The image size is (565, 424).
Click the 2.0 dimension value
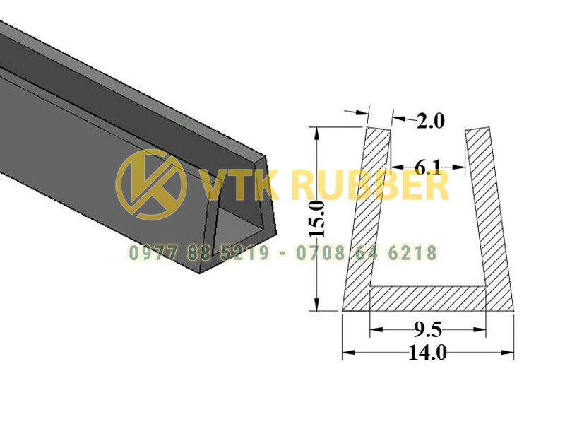431,121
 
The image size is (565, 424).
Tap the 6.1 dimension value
428,167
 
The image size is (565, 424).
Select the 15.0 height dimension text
317,219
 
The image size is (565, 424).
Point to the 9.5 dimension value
428,329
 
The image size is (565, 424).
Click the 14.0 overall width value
428,352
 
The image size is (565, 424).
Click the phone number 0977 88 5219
199,253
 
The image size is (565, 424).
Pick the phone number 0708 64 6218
367,253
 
